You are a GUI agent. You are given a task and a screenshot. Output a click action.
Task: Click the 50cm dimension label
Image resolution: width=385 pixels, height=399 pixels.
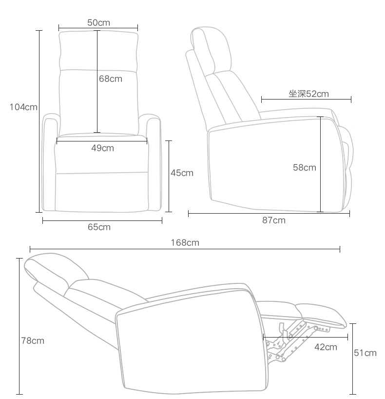pos(98,22)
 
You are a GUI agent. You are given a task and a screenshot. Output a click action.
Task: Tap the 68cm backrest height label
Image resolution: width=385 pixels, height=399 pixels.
pos(111,79)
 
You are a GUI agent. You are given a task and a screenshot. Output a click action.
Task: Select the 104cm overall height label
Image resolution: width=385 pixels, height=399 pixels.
pos(23,107)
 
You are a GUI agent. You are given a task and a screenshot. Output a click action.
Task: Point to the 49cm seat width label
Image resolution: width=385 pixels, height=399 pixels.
pos(102,148)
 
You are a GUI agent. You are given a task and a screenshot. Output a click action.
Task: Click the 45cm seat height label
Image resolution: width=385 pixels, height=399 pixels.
pos(182,173)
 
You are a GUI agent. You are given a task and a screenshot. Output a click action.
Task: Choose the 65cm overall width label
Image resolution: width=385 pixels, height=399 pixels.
pos(99,227)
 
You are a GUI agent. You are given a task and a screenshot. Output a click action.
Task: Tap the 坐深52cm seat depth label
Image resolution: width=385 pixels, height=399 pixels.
pos(308,94)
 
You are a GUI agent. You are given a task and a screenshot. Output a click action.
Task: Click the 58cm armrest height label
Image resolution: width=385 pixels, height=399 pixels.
pos(304,168)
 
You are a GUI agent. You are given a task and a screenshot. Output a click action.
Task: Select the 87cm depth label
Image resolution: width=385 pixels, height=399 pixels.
pos(274,220)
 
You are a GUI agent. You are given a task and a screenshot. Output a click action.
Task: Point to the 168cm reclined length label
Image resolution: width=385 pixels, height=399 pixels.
pos(185,242)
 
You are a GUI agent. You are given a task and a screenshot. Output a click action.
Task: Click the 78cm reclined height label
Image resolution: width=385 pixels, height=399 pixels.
pos(33,340)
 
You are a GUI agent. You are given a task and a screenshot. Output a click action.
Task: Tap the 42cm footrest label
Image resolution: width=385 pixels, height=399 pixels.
pos(326,347)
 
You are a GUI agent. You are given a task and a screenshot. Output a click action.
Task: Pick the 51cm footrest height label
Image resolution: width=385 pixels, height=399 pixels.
pos(365,353)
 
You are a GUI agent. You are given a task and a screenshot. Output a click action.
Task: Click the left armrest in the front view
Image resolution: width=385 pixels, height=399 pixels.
pos(49,161)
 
